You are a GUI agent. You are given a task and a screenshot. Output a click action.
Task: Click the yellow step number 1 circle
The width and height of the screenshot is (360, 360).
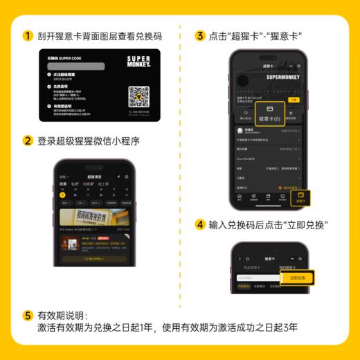pyautogui.click(x=28, y=35)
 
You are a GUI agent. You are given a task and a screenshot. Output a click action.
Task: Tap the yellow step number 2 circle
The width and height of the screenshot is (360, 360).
pyautogui.click(x=28, y=141)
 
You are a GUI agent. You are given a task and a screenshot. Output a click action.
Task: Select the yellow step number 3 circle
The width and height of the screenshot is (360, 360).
pyautogui.click(x=199, y=35)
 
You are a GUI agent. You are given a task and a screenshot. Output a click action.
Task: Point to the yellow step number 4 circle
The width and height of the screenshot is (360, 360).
pyautogui.click(x=199, y=225)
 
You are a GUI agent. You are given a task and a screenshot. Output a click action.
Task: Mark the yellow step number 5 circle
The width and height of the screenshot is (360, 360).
pyautogui.click(x=28, y=315)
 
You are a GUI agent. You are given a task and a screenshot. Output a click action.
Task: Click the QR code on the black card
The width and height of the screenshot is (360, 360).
pyautogui.click(x=139, y=96)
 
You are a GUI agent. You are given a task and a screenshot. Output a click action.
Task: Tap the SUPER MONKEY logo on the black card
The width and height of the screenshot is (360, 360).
pyautogui.click(x=138, y=60)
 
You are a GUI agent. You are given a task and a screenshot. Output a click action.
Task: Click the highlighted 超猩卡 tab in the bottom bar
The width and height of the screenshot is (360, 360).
pyautogui.click(x=300, y=197)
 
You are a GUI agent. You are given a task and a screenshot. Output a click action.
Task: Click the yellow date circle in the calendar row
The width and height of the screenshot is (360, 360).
pyautogui.click(x=63, y=195)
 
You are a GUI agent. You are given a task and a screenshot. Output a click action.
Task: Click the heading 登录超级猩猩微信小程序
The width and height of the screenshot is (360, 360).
pyautogui.click(x=89, y=141)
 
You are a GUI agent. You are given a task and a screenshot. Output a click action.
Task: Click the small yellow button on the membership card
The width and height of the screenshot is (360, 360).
pyautogui.click(x=293, y=100)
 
